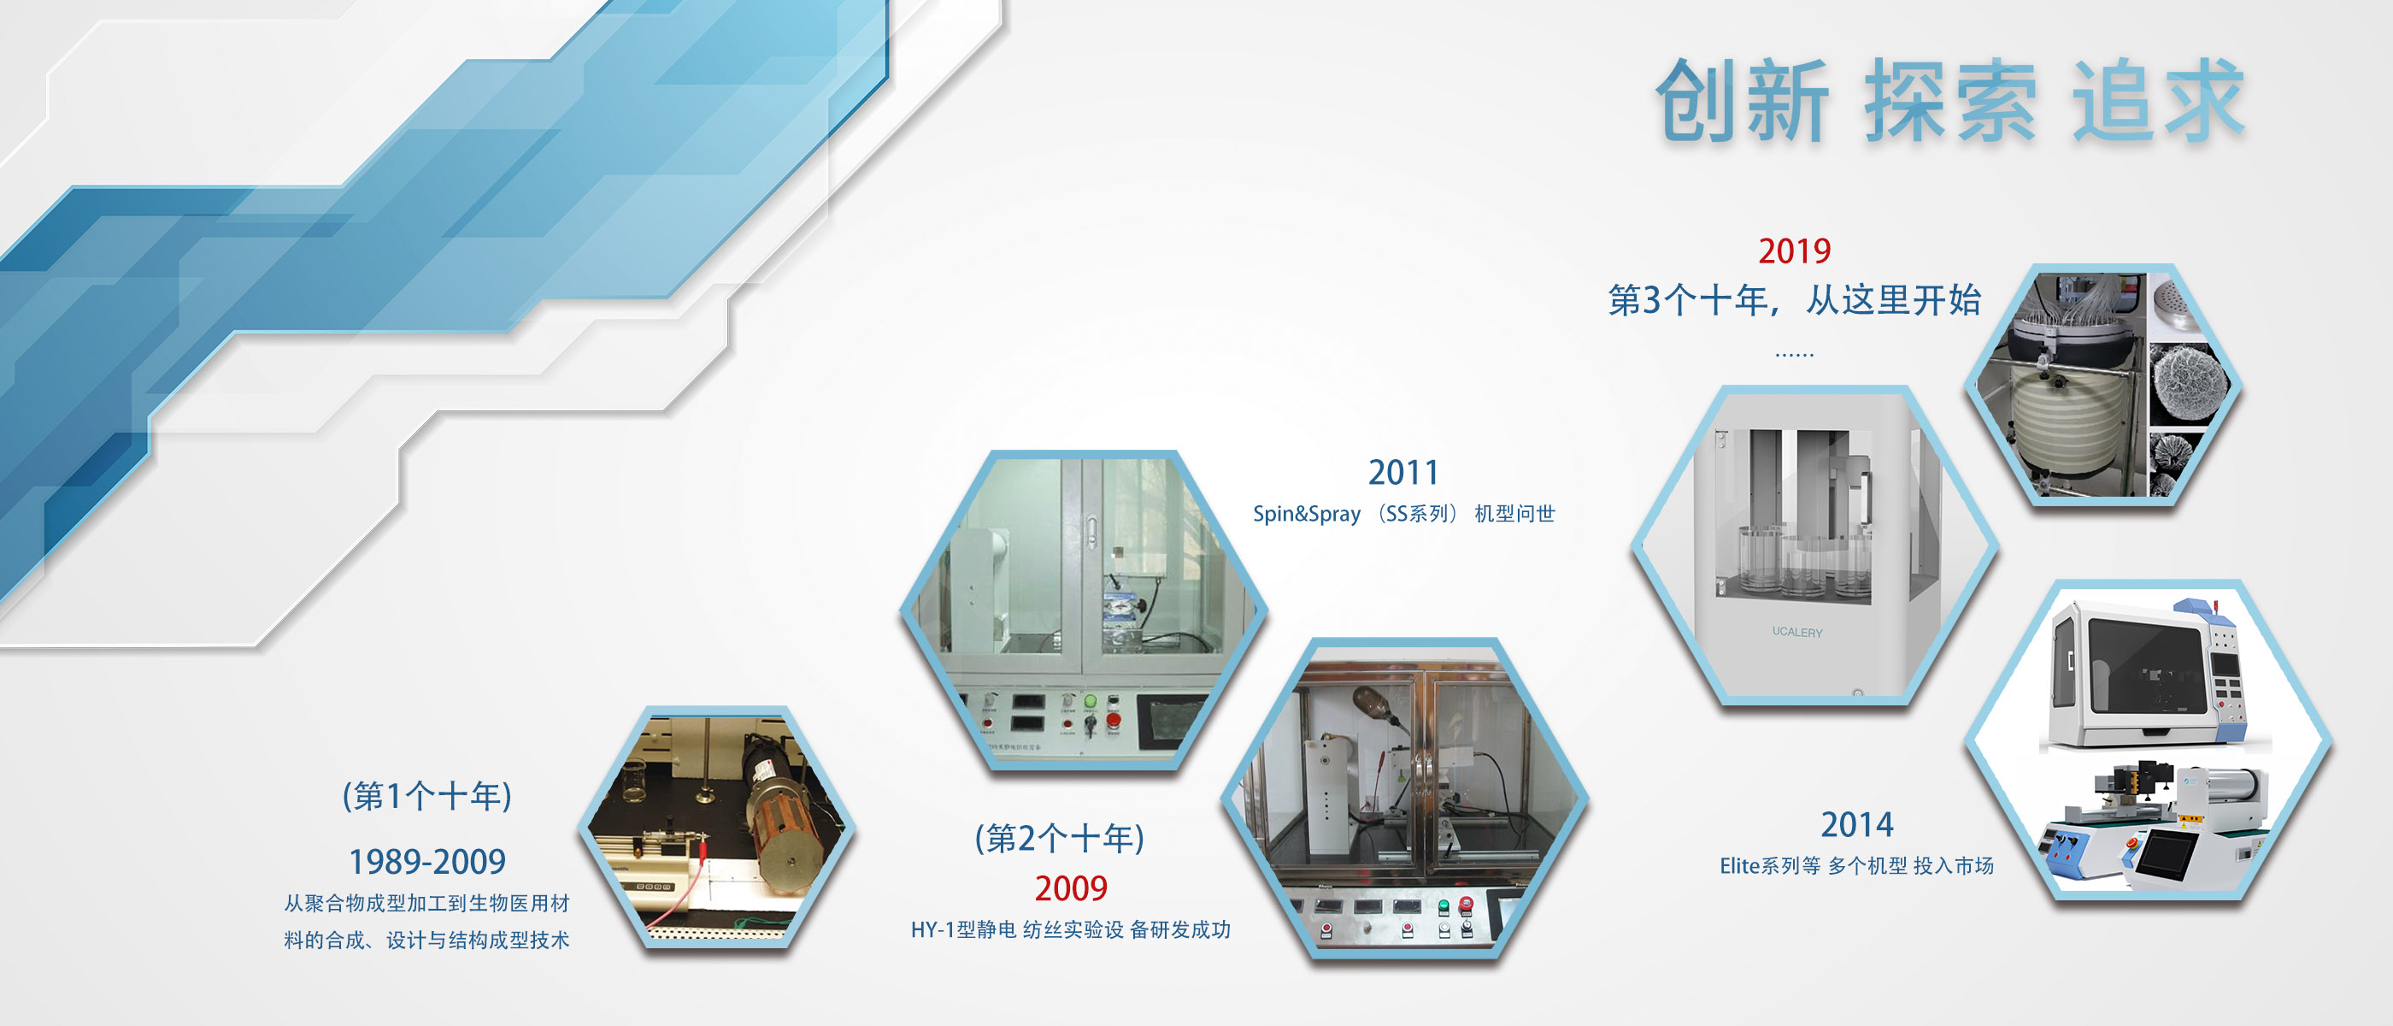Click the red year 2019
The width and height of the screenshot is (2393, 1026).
(1794, 251)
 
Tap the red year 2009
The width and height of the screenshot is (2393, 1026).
(1071, 888)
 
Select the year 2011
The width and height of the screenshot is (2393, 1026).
(1402, 472)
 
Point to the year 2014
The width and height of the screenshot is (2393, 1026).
(1856, 824)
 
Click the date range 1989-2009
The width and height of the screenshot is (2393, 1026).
(427, 862)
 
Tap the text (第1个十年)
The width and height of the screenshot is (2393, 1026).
(427, 795)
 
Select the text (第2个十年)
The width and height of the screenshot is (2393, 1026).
(1060, 838)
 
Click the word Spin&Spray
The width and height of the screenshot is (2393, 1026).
(1306, 514)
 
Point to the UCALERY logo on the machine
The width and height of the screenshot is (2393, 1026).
(1796, 632)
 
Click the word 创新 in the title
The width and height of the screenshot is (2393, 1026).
(1742, 100)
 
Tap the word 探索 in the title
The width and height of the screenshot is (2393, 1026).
(1950, 100)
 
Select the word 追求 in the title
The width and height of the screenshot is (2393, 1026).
(2159, 100)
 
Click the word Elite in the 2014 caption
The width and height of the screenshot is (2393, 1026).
(1740, 866)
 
